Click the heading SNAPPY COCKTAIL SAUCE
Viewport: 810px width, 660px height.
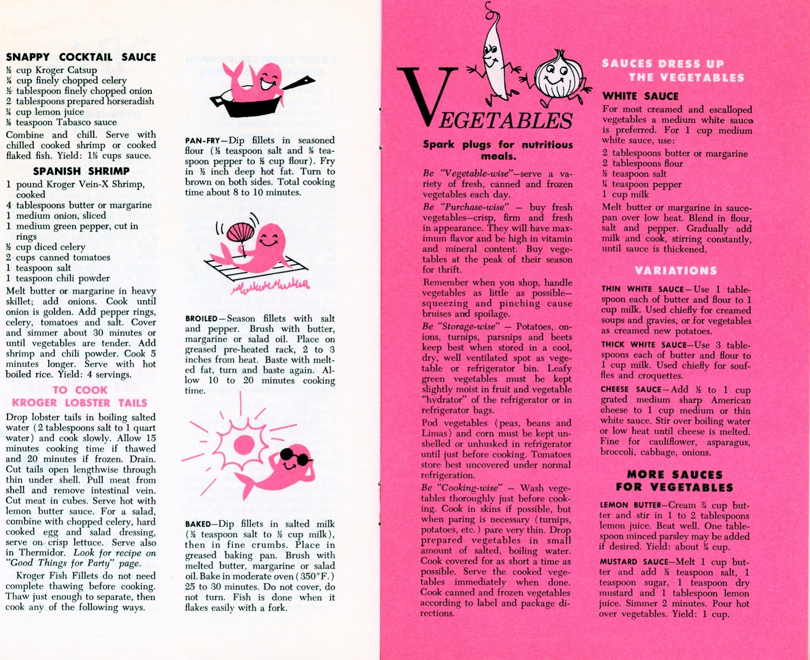81,57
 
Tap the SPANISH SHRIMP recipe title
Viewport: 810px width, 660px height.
81,171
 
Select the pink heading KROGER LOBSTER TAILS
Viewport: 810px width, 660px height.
80,403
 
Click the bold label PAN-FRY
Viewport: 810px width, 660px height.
202,141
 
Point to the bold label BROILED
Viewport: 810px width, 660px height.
201,319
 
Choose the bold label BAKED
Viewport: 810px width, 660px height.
198,524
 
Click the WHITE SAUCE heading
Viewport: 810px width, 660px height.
640,96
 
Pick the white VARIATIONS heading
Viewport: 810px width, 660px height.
676,271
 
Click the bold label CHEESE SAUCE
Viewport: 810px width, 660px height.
631,390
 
